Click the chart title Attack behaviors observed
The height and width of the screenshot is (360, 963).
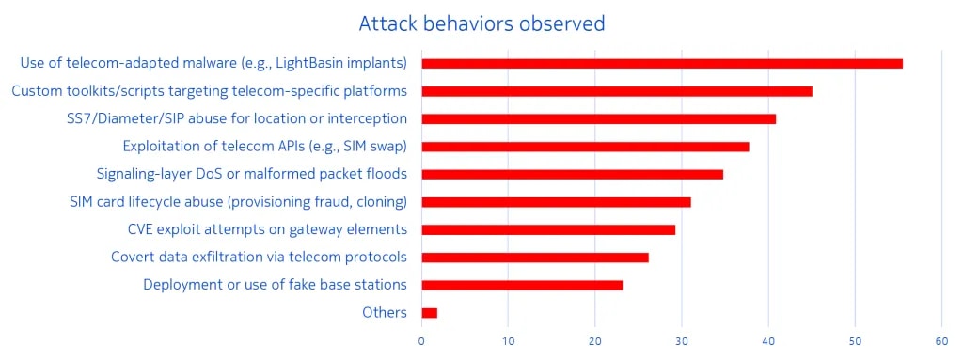coord(481,23)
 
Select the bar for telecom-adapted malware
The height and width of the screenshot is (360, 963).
coord(662,64)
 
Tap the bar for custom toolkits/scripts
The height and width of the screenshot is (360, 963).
coord(617,91)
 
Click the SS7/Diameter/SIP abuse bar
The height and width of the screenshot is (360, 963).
coord(599,119)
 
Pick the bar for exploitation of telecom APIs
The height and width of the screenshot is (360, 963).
coord(585,147)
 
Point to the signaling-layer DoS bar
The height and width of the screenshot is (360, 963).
coord(573,175)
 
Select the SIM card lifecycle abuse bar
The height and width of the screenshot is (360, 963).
coord(557,202)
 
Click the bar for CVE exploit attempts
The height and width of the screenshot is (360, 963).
coord(548,229)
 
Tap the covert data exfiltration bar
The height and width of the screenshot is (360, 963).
coord(535,258)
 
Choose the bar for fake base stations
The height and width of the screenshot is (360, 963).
coord(522,285)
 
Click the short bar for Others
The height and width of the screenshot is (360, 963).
coord(429,313)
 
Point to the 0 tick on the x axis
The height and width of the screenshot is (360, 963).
coord(421,341)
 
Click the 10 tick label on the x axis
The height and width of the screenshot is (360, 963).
coord(508,341)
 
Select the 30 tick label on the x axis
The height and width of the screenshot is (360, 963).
coord(682,341)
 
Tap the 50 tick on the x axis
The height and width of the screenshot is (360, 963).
coord(855,341)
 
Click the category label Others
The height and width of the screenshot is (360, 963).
coord(385,313)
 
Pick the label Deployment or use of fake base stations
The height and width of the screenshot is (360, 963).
coord(276,285)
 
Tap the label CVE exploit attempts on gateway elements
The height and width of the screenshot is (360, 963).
coord(268,229)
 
